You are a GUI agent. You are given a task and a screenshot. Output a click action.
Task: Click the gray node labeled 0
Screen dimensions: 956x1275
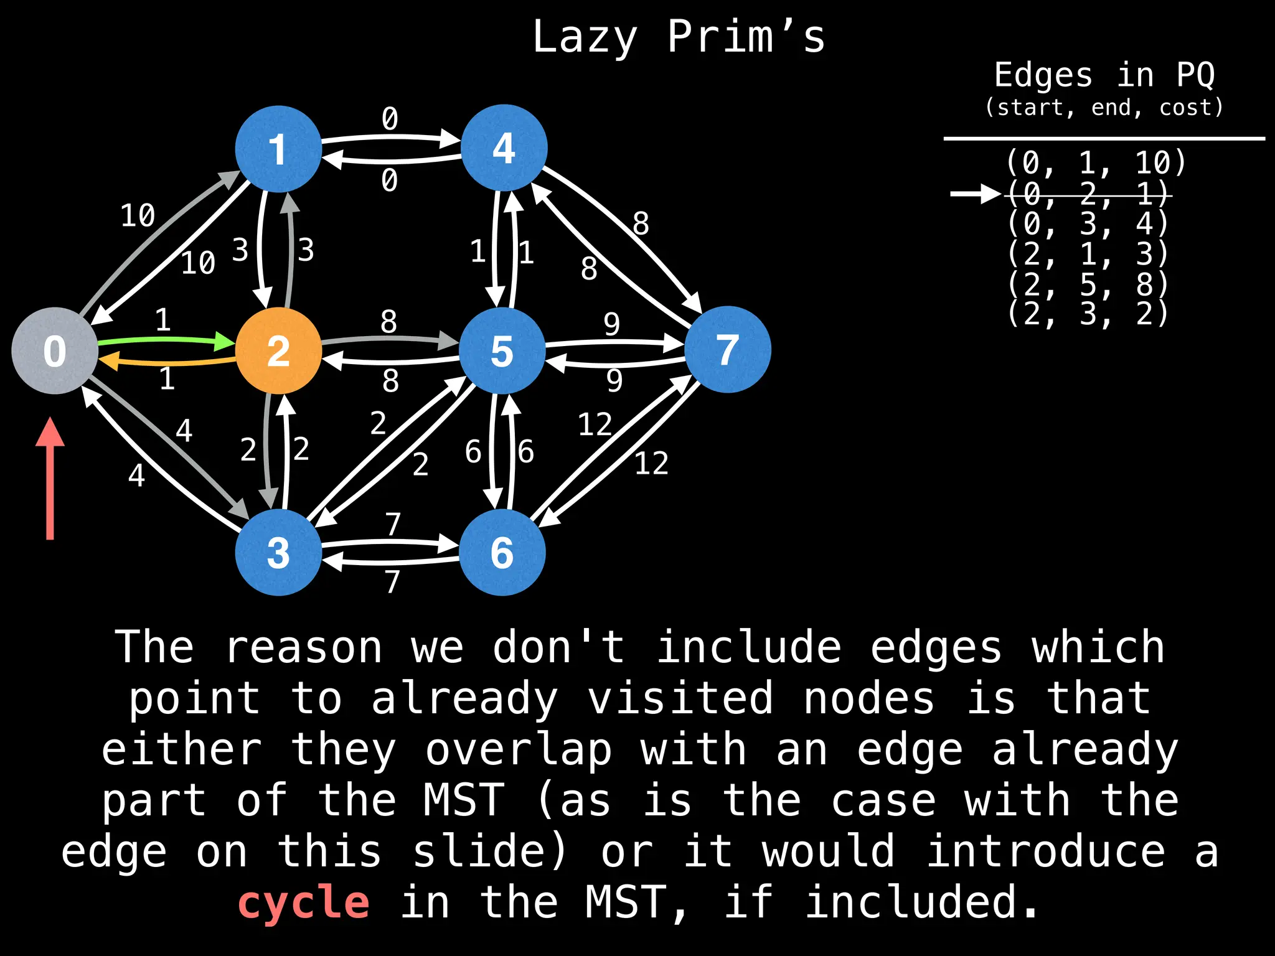coord(55,350)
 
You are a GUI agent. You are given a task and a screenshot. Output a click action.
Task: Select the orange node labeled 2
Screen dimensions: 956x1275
coord(278,350)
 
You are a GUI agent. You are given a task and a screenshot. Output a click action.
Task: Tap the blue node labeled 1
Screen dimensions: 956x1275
coord(278,149)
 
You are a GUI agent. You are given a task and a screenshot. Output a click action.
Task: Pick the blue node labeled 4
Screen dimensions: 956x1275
coord(504,148)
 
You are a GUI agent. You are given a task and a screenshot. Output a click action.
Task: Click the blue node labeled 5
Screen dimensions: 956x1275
coord(502,350)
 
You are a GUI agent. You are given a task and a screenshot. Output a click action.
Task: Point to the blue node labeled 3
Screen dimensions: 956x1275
coord(278,552)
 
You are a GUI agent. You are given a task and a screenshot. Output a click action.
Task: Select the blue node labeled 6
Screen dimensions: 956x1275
coord(502,552)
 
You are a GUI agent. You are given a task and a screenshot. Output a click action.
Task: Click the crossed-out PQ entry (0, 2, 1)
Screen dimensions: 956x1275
coord(1088,194)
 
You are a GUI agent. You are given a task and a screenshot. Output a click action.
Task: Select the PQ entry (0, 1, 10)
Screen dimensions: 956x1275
coord(1096,163)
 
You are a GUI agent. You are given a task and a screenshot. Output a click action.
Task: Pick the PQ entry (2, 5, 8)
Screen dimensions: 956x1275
coord(1088,284)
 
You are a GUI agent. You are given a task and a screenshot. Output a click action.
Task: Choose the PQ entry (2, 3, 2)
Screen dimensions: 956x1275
coord(1088,314)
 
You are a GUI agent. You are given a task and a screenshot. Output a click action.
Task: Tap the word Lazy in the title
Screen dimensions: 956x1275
coord(585,37)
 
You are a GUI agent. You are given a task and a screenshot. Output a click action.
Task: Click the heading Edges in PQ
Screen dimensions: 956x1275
coord(1104,75)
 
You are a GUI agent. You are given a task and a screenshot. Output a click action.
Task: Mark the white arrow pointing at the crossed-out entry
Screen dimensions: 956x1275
coord(974,194)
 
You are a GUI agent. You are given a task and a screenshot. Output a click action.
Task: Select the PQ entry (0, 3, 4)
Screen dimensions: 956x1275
coord(1088,223)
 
